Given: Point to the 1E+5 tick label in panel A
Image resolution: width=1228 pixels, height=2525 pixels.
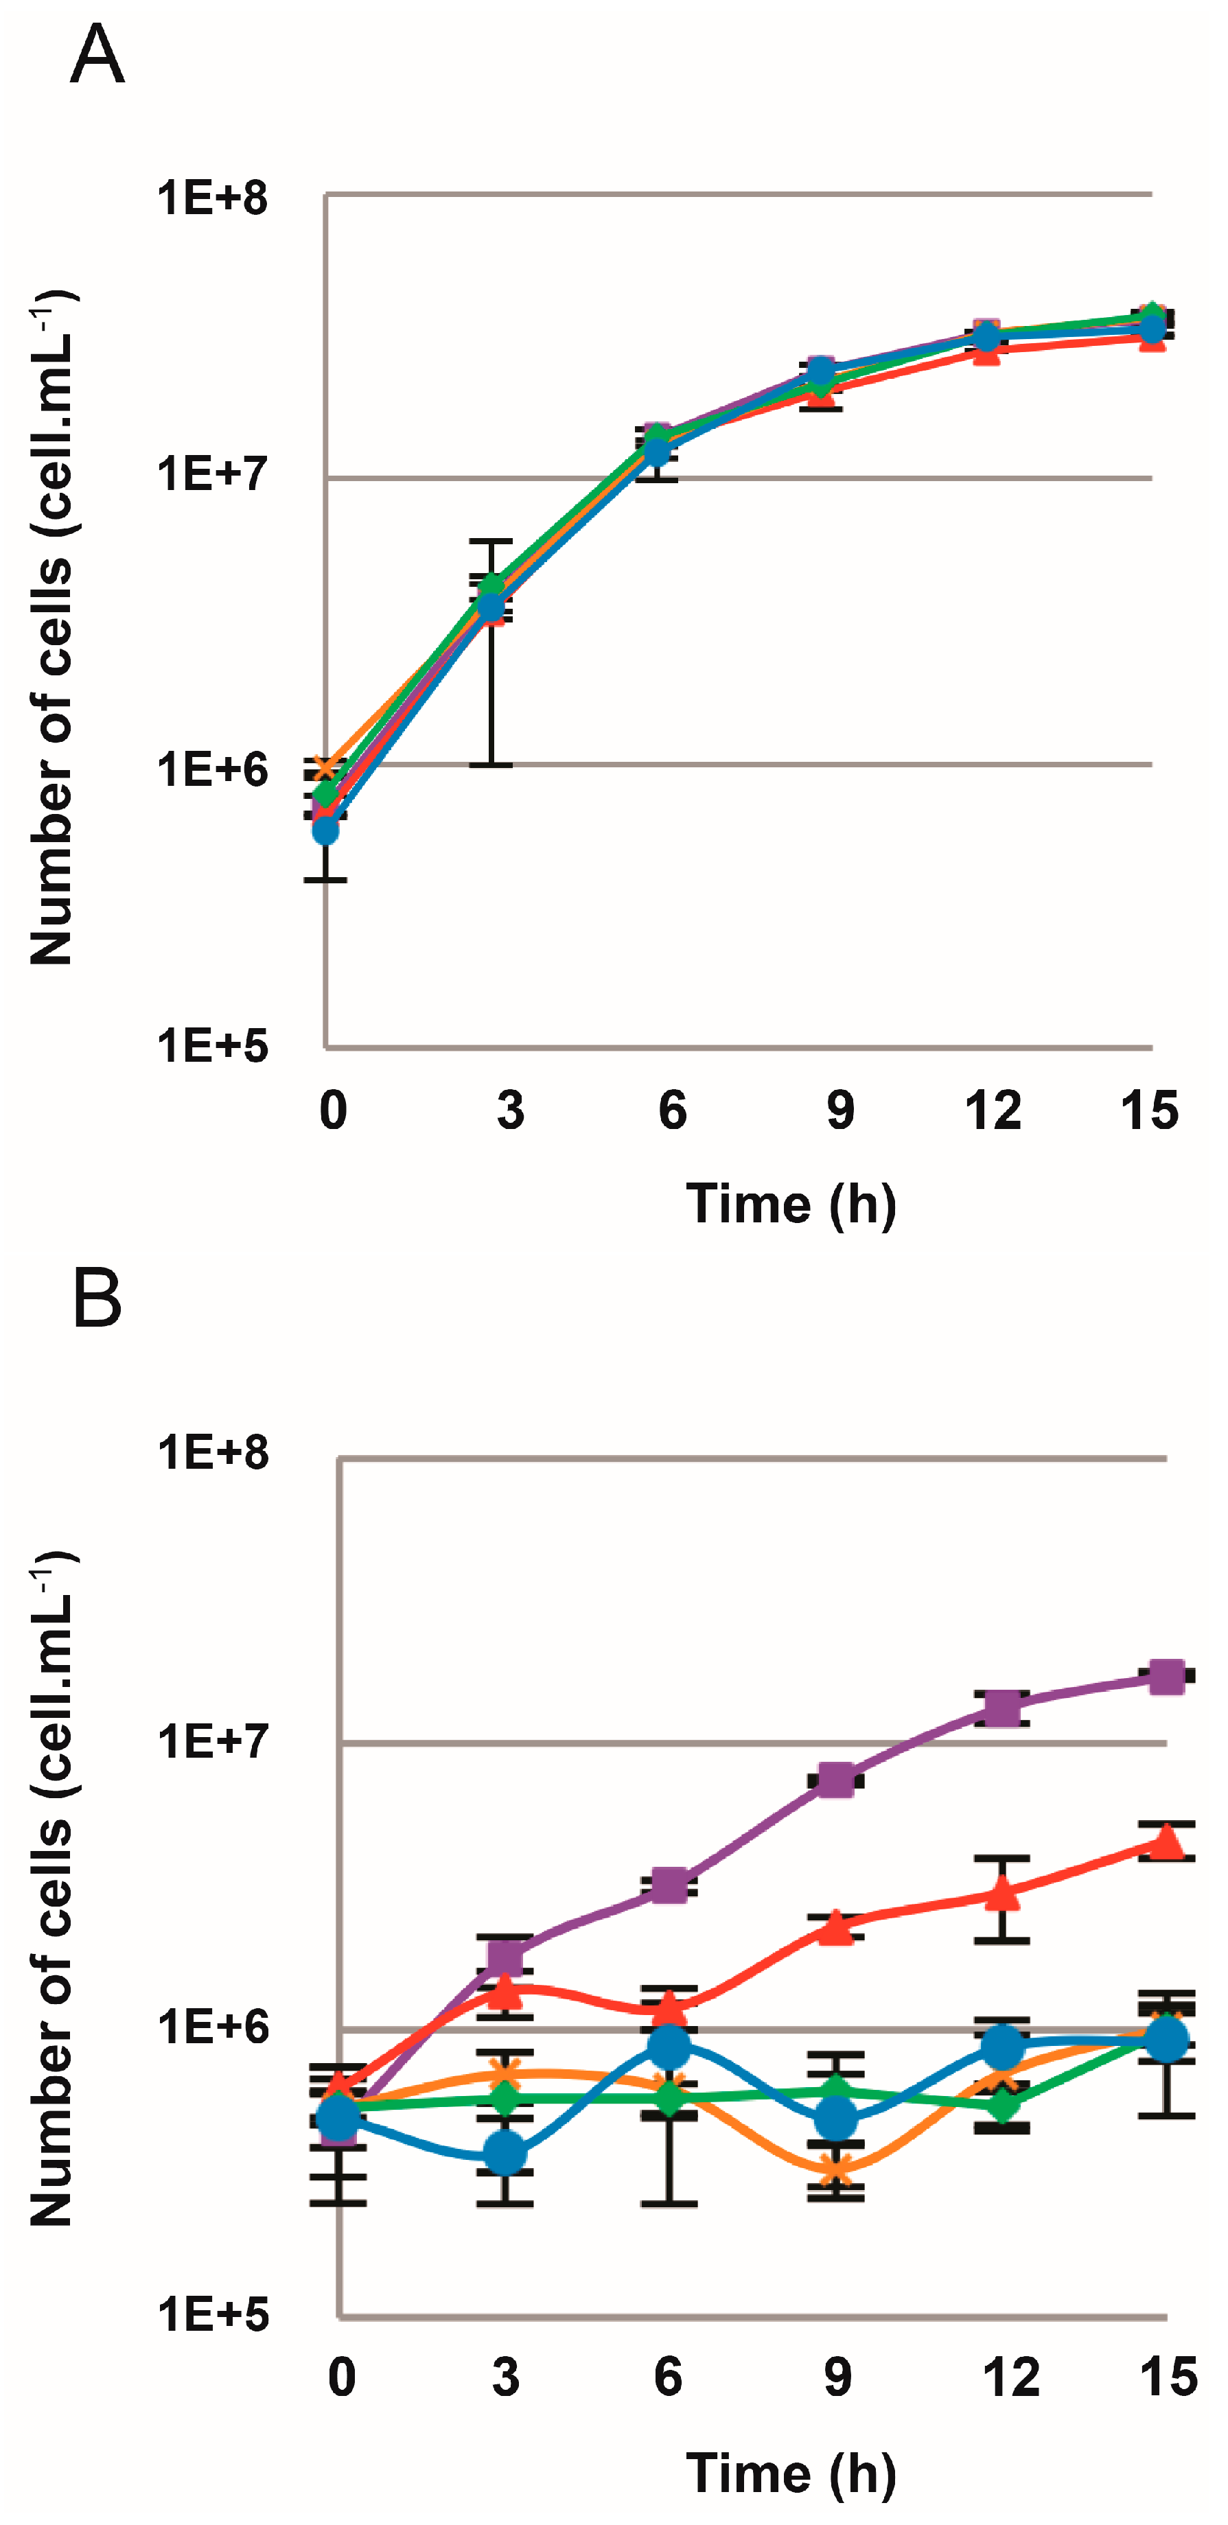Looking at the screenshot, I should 211,1046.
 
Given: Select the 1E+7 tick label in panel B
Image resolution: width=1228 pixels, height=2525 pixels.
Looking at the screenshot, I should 211,1742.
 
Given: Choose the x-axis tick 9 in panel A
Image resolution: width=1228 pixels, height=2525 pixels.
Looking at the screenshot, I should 840,1110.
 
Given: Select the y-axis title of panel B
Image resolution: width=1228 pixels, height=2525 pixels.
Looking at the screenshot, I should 51,1887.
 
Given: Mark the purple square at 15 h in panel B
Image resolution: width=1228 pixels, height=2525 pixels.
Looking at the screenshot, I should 1166,1676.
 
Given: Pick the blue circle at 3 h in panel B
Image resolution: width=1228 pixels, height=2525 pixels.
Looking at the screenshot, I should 505,2154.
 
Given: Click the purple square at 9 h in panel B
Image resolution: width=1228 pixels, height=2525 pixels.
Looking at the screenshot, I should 836,1779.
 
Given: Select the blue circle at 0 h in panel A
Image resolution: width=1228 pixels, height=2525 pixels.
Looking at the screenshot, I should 325,831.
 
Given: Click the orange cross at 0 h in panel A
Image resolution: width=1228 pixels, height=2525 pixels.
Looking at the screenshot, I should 325,767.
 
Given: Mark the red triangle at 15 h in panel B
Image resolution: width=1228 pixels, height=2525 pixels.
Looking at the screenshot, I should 1166,1843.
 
